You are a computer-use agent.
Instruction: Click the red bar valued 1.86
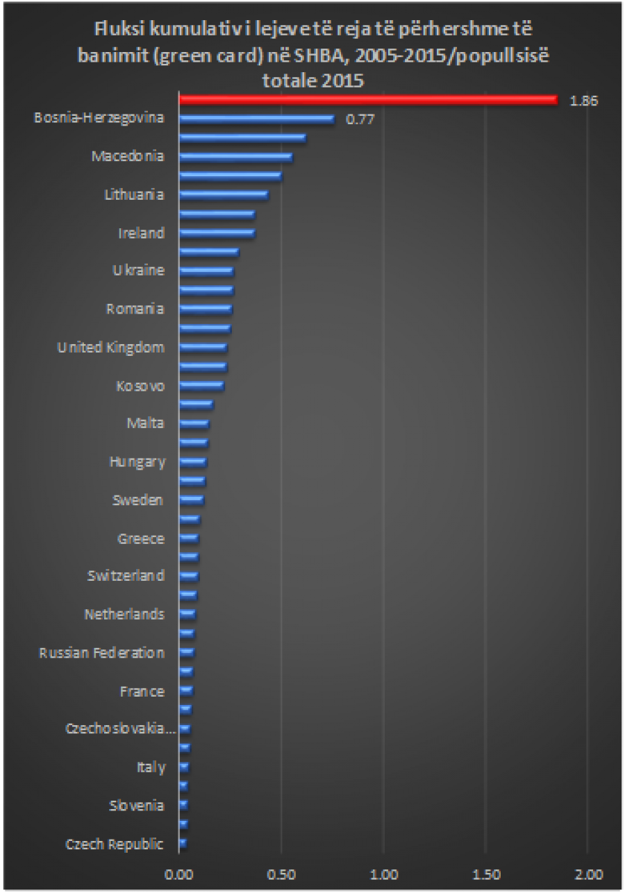pyautogui.click(x=368, y=100)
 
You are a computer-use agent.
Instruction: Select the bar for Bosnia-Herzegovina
pyautogui.click(x=256, y=119)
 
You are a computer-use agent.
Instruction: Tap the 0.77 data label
pyautogui.click(x=360, y=119)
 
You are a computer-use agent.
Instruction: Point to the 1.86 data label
pyautogui.click(x=583, y=101)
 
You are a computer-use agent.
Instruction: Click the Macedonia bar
pyautogui.click(x=235, y=157)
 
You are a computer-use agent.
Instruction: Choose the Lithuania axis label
pyautogui.click(x=134, y=194)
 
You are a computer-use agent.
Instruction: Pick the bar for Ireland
pyautogui.click(x=217, y=233)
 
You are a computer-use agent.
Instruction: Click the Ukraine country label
pyautogui.click(x=138, y=271)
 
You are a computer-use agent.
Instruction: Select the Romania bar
pyautogui.click(x=206, y=309)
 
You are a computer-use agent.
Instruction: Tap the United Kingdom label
pyautogui.click(x=111, y=347)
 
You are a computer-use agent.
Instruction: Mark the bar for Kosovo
pyautogui.click(x=201, y=385)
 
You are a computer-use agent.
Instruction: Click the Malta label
pyautogui.click(x=145, y=423)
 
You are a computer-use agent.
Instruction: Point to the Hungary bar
pyautogui.click(x=193, y=461)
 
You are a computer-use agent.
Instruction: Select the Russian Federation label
pyautogui.click(x=102, y=653)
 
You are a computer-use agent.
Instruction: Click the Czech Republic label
pyautogui.click(x=115, y=844)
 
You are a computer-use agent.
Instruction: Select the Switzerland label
pyautogui.click(x=126, y=576)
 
